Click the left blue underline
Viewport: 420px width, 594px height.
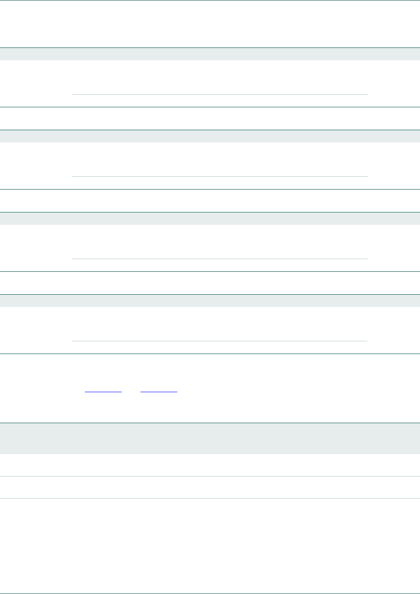103,391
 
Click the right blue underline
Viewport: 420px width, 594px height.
159,391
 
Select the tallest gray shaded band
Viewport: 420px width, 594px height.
210,438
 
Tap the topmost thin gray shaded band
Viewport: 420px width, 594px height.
210,54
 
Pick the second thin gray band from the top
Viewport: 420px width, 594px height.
210,136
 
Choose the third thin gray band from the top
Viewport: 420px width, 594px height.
210,218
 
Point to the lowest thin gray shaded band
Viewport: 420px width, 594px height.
210,301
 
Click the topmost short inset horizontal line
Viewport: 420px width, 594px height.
220,94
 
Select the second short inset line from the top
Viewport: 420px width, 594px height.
220,176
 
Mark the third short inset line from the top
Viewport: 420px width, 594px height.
220,259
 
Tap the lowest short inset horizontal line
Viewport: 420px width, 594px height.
220,341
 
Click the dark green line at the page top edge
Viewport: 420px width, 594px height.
210,0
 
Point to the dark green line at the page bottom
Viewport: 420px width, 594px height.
210,593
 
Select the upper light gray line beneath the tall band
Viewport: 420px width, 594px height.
210,476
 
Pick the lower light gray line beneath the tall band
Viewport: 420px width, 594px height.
210,498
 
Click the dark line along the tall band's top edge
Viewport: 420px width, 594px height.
210,423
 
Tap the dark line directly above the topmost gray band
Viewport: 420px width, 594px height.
210,47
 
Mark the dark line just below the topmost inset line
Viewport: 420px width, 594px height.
210,107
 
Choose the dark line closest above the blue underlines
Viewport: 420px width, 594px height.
210,354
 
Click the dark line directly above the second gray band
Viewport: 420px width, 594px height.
210,130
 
